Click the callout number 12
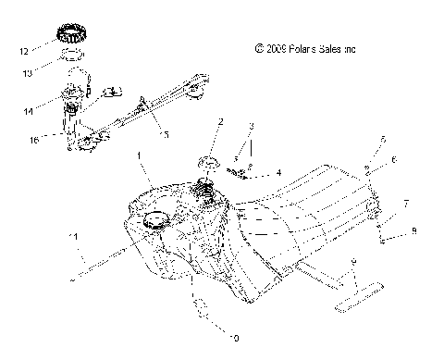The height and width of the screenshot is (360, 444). [x=23, y=41]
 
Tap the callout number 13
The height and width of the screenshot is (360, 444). [x=27, y=69]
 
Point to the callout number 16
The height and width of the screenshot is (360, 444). [x=34, y=141]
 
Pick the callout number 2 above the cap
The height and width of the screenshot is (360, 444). [x=220, y=121]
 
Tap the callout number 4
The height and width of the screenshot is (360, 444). [x=277, y=172]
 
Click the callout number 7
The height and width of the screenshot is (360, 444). [x=406, y=202]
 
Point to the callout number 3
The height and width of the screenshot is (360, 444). [x=250, y=125]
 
